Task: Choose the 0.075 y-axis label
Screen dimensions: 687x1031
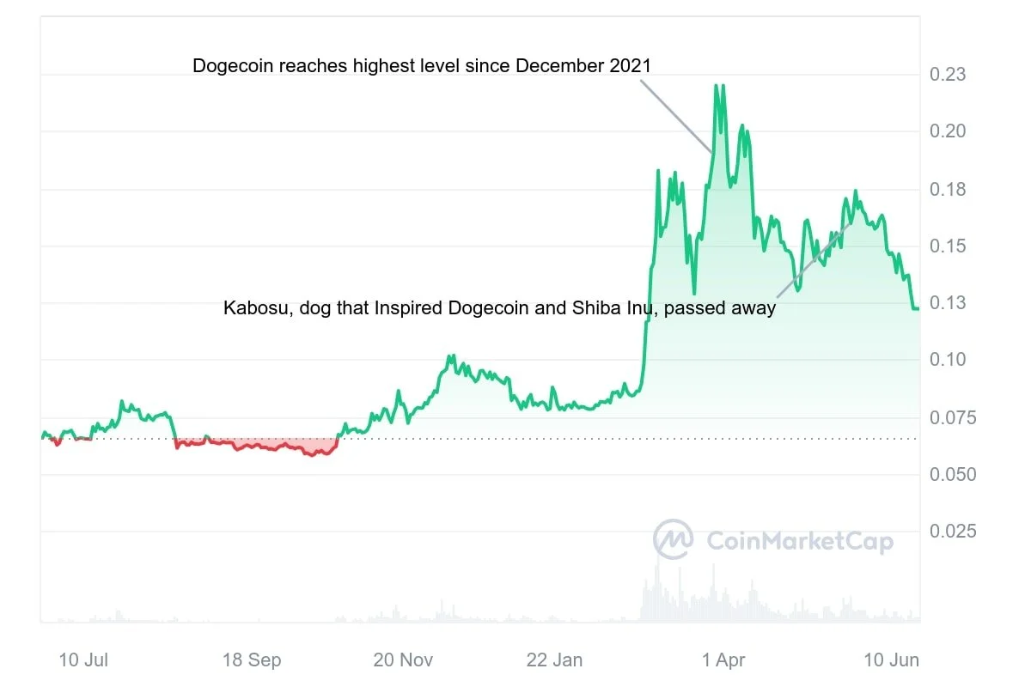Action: point(953,417)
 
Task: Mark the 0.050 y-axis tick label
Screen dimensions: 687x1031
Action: point(953,475)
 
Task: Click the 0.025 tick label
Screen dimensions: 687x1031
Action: point(953,532)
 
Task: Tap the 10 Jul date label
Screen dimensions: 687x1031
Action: point(83,660)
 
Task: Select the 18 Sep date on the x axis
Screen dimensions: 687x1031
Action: point(252,660)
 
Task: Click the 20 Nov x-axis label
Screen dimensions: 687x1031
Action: point(404,660)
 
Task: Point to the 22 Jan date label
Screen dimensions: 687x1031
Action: point(554,660)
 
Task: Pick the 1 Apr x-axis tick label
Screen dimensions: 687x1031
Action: point(723,660)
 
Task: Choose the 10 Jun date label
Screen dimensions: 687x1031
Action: point(892,660)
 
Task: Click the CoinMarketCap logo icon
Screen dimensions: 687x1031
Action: point(674,540)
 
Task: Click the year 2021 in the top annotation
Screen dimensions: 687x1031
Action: point(631,66)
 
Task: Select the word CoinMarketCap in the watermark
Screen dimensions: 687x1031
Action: point(799,542)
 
